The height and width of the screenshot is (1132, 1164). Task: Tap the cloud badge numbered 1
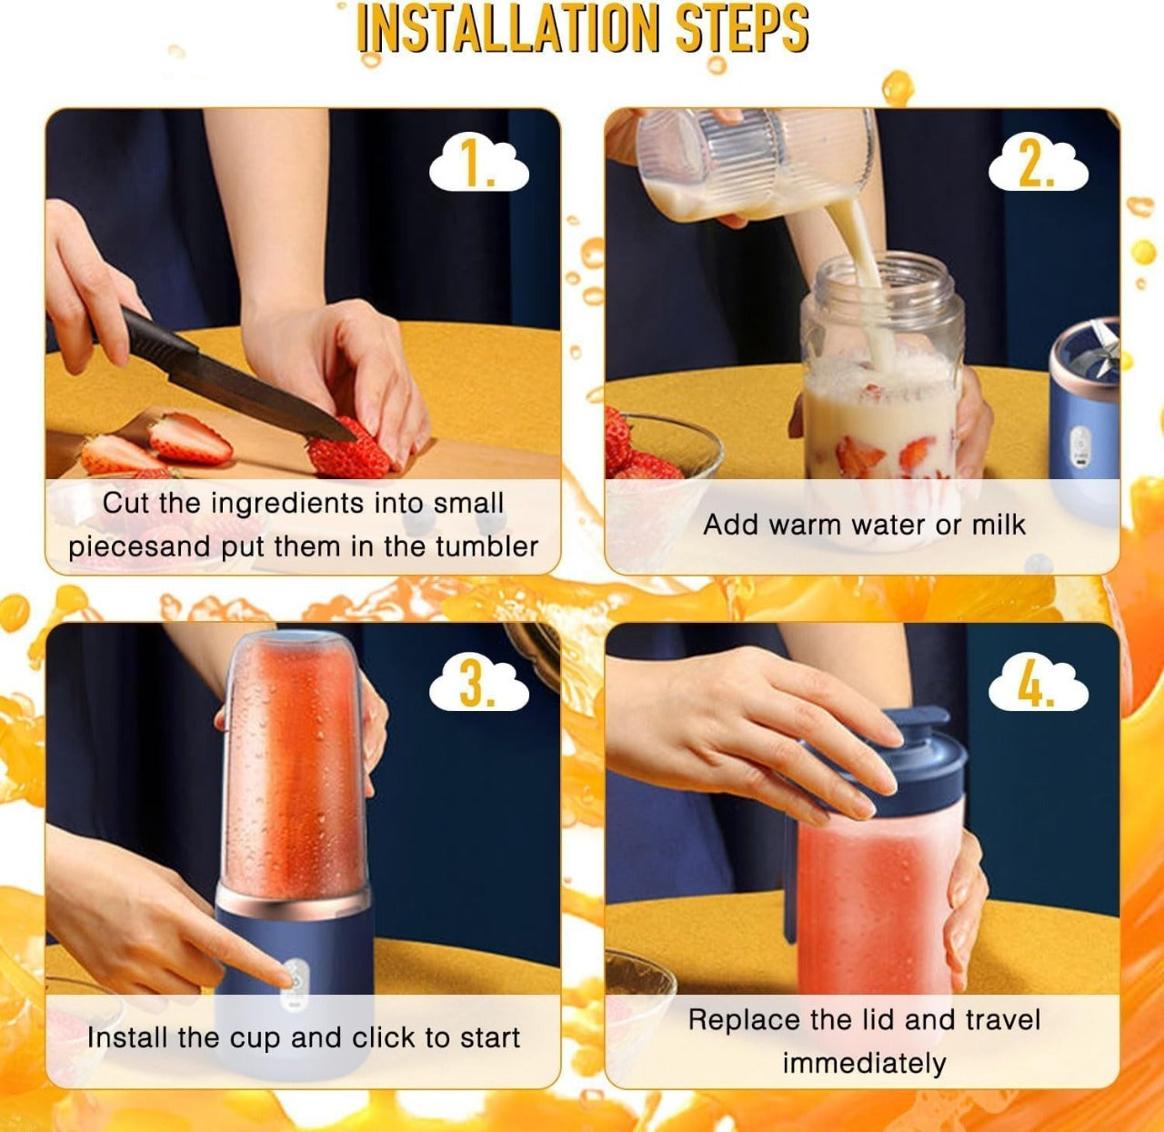[x=478, y=165]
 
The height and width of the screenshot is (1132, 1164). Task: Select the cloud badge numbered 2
[x=1039, y=165]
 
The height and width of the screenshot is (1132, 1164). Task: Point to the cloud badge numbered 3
[x=478, y=684]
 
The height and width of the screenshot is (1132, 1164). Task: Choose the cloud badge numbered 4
[x=1039, y=684]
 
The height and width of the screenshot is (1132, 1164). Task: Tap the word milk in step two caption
[x=998, y=525]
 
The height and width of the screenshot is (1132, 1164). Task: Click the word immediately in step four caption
[x=864, y=1063]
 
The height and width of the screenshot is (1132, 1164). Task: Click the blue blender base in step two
[x=1082, y=418]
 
